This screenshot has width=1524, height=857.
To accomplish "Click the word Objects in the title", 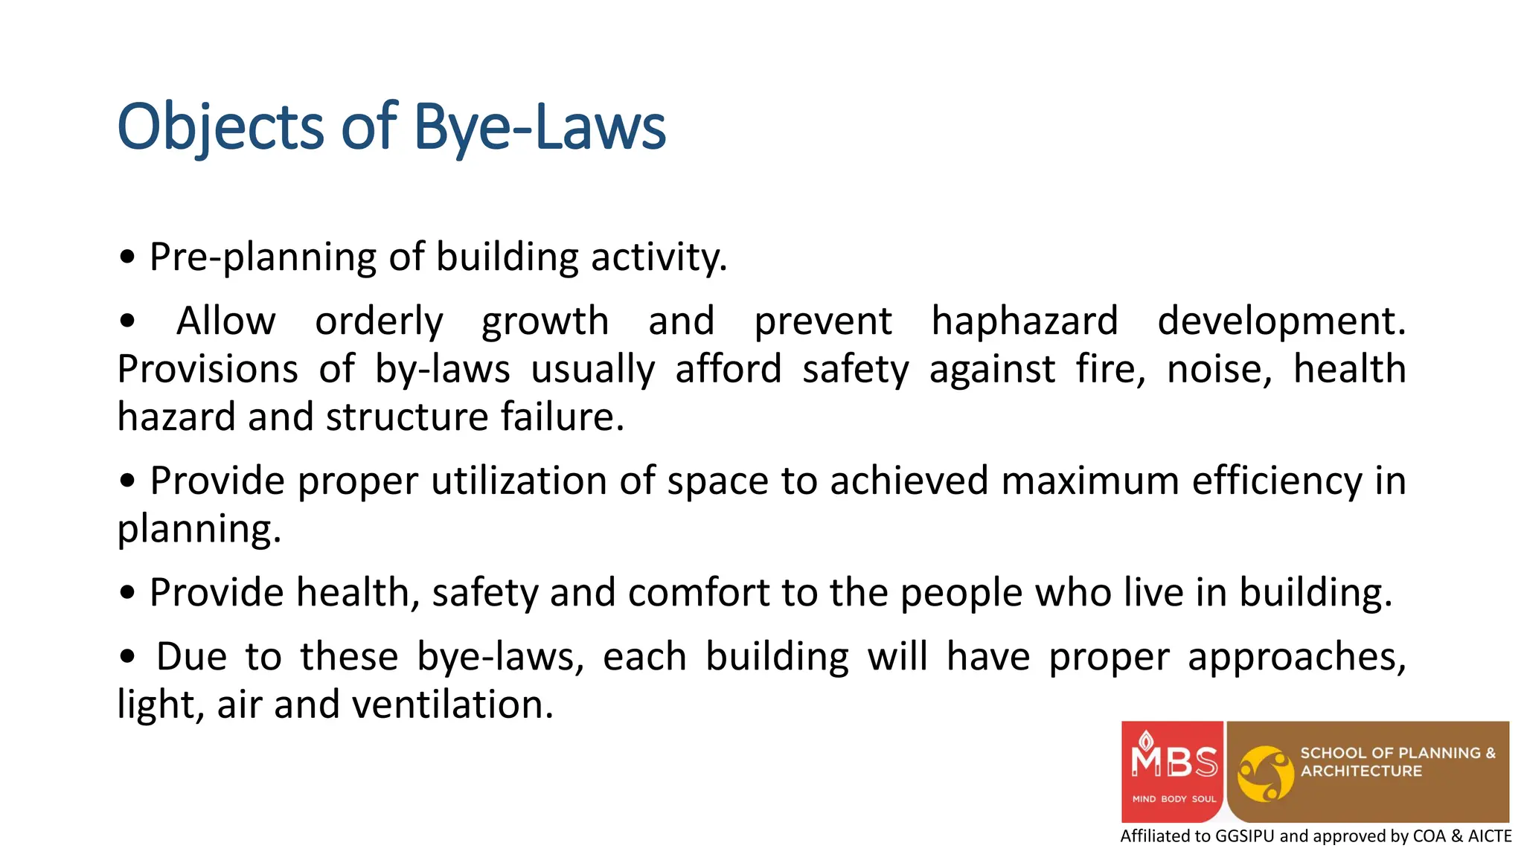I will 220,128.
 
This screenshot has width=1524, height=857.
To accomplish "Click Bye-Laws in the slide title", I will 539,128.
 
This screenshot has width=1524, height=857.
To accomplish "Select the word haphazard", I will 1025,322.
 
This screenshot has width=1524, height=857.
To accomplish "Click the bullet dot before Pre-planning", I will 128,257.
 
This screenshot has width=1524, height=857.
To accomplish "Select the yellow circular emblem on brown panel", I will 1264,774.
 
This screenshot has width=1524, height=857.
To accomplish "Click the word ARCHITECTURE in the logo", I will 1361,771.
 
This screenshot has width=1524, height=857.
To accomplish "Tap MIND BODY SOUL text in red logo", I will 1174,799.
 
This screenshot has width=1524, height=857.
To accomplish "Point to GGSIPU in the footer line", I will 1244,836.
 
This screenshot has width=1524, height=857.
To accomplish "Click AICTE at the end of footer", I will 1489,836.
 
